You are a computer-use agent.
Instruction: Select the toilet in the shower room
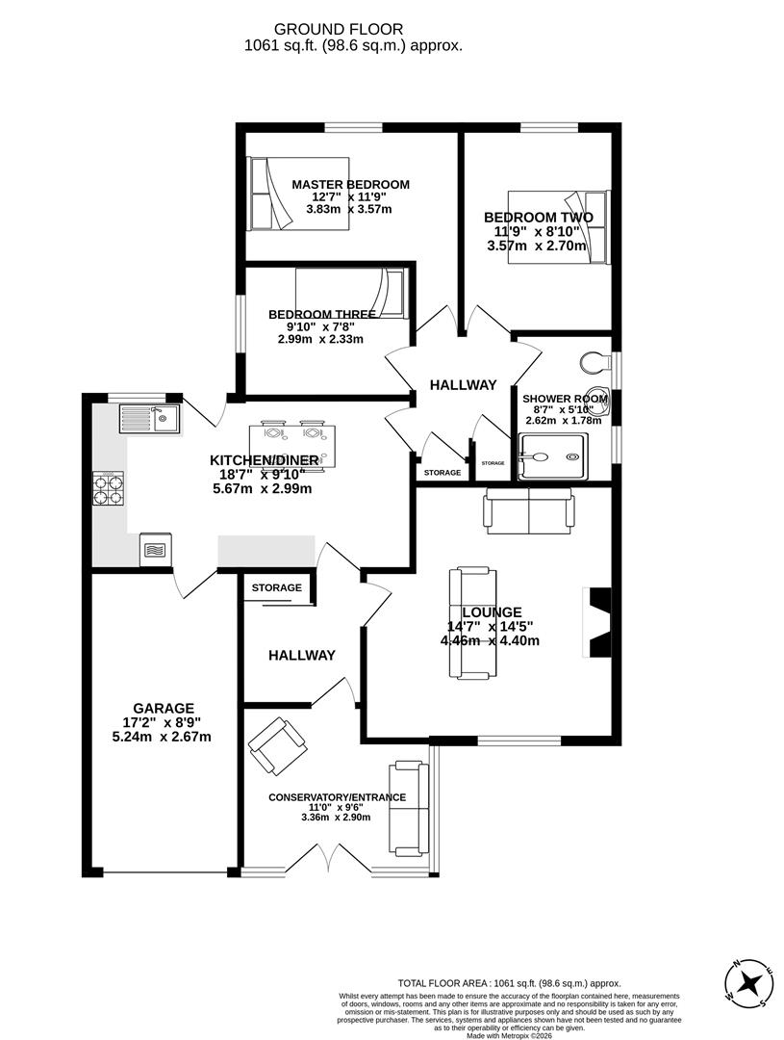(596, 363)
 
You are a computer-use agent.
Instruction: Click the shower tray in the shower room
(551, 455)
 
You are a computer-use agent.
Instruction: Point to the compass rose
(749, 984)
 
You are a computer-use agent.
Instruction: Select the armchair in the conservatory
(278, 747)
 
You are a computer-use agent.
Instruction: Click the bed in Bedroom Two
(559, 227)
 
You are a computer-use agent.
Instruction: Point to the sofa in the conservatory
(407, 807)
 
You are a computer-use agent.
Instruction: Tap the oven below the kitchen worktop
(154, 550)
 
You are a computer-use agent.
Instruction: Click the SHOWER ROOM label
(565, 399)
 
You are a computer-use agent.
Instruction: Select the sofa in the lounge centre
(470, 623)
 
